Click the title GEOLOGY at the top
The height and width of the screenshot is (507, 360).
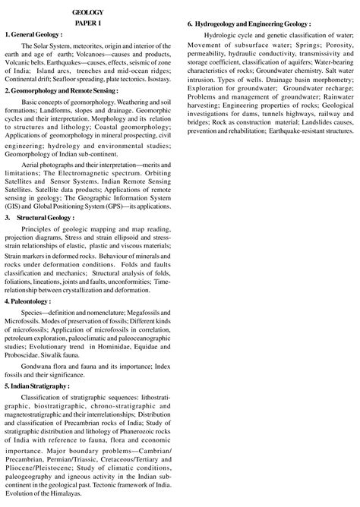click(88, 12)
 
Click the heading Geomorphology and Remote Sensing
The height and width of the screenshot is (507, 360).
click(55, 90)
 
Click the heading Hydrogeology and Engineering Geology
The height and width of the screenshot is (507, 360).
click(259, 25)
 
